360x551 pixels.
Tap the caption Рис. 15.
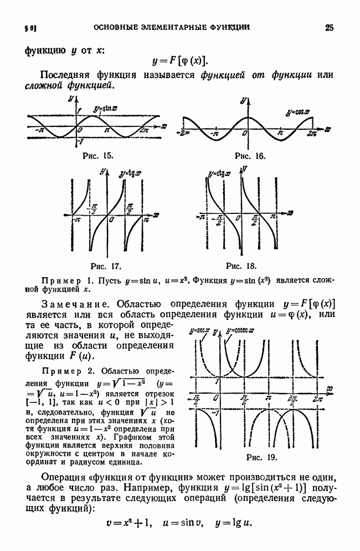point(98,156)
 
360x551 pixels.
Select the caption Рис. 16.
point(250,156)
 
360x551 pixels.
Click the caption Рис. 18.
point(241,265)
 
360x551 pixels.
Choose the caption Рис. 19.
point(261,458)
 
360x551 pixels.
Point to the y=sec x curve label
point(200,331)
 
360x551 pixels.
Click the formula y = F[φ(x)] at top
point(181,62)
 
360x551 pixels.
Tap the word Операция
point(66,478)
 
